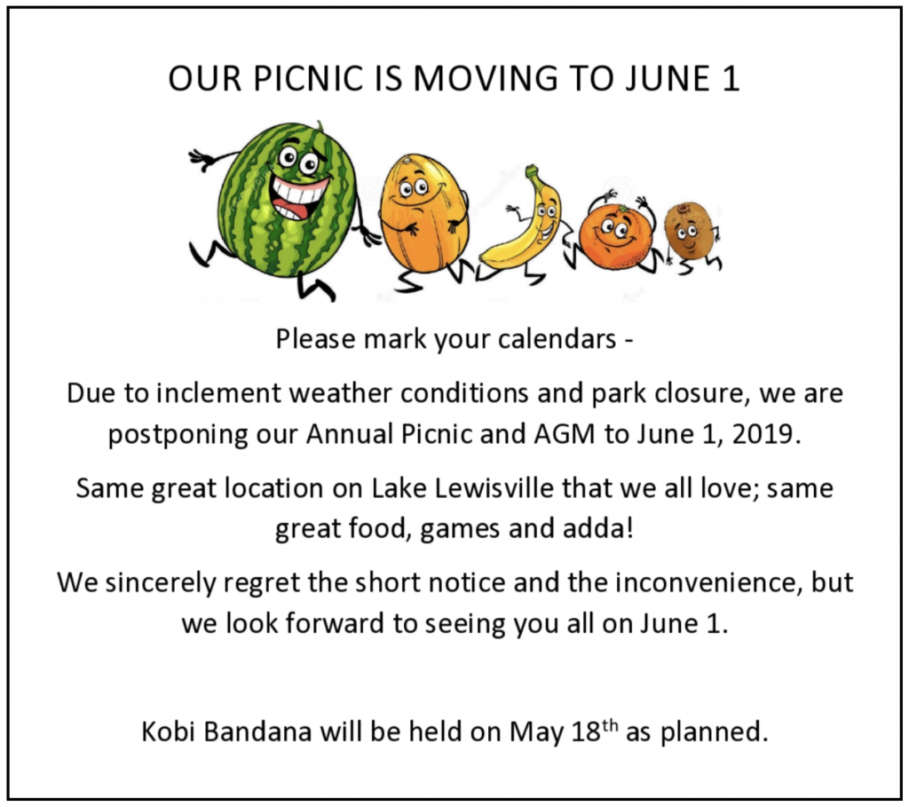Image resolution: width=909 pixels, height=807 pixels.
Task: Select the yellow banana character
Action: [x=522, y=226]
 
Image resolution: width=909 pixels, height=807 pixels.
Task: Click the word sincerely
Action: [x=160, y=583]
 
